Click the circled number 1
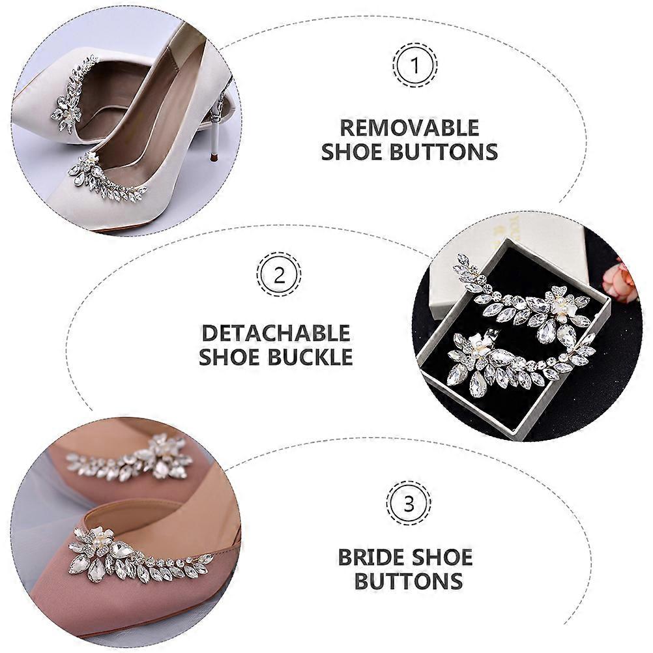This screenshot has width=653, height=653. tap(414, 65)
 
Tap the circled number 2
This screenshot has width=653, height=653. tap(279, 274)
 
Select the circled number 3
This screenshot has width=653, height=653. tap(409, 504)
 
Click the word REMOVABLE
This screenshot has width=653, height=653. tap(410, 128)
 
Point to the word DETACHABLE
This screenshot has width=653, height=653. tap(276, 333)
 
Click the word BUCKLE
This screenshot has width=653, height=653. tap(310, 356)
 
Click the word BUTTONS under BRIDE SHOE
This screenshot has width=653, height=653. tap(409, 580)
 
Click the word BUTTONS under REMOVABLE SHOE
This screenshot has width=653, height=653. tap(444, 151)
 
